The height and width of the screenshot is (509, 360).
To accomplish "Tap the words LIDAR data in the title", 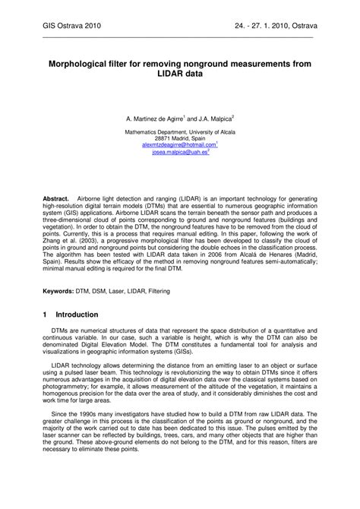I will (x=179, y=79).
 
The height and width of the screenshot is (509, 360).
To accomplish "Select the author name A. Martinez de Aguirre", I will (x=154, y=119).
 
